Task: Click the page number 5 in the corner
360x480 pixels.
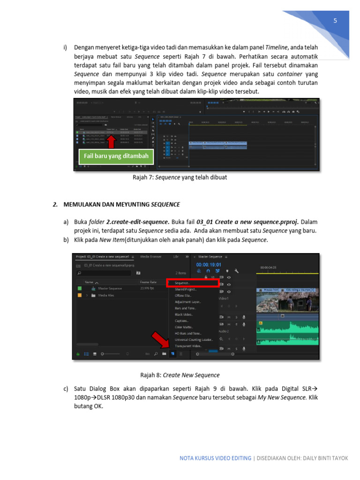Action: pyautogui.click(x=335, y=21)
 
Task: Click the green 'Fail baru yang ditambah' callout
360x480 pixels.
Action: pyautogui.click(x=116, y=156)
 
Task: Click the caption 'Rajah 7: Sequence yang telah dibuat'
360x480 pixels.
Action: pyautogui.click(x=180, y=178)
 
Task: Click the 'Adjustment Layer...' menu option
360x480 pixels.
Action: pyautogui.click(x=187, y=302)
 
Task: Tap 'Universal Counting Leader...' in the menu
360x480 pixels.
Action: pyautogui.click(x=194, y=339)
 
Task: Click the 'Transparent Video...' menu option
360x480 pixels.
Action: pyautogui.click(x=188, y=346)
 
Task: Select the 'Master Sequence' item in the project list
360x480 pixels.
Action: pyautogui.click(x=111, y=288)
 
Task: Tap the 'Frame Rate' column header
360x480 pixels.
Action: pyautogui.click(x=148, y=282)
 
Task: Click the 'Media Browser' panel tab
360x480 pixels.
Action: pyautogui.click(x=151, y=257)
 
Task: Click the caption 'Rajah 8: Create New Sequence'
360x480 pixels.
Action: pyautogui.click(x=180, y=375)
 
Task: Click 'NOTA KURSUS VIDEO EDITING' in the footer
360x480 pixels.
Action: pyautogui.click(x=215, y=458)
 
